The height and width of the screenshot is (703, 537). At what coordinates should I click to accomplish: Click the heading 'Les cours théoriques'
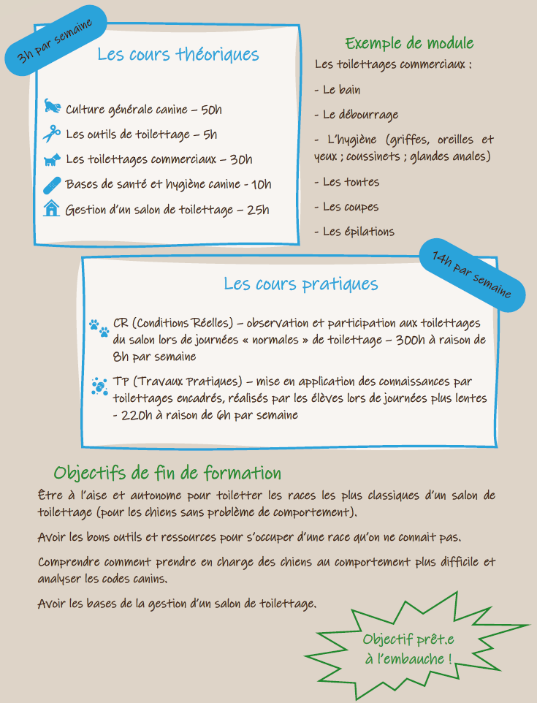pyautogui.click(x=178, y=55)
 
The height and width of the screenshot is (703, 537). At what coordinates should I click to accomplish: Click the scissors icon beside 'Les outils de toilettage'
pyautogui.click(x=51, y=134)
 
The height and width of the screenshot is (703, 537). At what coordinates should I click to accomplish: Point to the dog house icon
pyautogui.click(x=51, y=209)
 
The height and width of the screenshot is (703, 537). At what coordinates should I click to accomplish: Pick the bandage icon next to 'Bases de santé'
pyautogui.click(x=53, y=184)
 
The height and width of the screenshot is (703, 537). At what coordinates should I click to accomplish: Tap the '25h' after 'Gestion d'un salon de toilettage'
pyautogui.click(x=258, y=210)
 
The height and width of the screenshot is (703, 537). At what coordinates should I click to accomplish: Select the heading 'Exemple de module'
pyautogui.click(x=409, y=43)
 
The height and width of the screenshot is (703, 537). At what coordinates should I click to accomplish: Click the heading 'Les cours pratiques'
pyautogui.click(x=301, y=284)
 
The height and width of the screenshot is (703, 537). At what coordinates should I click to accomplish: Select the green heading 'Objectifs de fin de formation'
pyautogui.click(x=167, y=473)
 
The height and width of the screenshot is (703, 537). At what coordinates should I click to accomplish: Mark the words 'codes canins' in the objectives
pyautogui.click(x=132, y=580)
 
